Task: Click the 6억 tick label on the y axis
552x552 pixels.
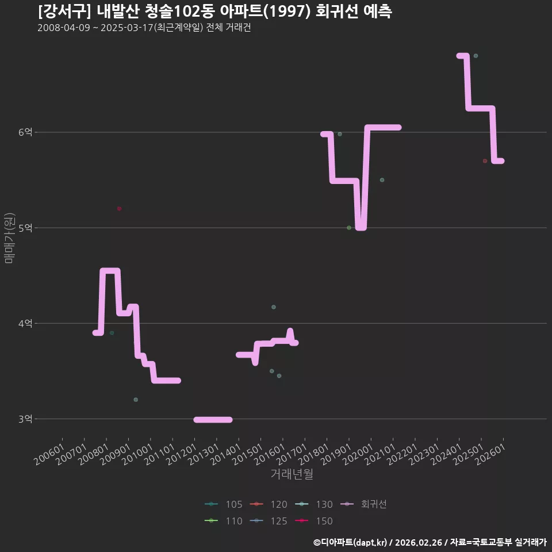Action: click(25, 132)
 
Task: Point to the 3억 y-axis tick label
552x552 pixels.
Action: click(25, 419)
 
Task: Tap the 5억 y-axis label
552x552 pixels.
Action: click(25, 228)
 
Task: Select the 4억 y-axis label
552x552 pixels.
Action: click(25, 323)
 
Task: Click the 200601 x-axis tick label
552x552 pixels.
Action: click(49, 454)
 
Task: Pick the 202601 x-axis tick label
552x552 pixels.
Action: click(490, 454)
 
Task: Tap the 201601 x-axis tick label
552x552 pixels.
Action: click(270, 454)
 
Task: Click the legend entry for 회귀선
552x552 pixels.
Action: click(363, 504)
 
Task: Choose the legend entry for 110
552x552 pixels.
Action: click(223, 521)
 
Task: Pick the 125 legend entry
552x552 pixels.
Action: click(269, 521)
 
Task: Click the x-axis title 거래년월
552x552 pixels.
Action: click(292, 474)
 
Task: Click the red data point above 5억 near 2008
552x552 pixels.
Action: click(120, 209)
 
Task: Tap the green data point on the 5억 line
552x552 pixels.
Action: click(349, 228)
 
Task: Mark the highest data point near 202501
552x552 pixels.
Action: click(476, 56)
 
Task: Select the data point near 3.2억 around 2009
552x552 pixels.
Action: click(136, 400)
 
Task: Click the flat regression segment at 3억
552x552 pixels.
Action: click(213, 420)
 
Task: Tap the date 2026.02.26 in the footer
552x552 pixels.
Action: click(419, 542)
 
